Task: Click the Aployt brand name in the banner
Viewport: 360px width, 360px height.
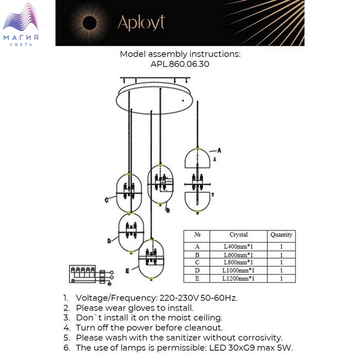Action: coord(141,23)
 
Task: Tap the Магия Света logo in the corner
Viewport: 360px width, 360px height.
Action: coord(21,25)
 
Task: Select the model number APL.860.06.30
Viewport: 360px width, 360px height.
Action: coord(180,64)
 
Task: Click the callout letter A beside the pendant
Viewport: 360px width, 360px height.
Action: coord(219,150)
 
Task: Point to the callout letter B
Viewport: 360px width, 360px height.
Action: coord(168,210)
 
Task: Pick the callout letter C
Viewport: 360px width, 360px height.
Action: coord(106,200)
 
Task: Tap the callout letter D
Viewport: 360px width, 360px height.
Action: coord(109,241)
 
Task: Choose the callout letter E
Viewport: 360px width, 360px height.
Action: coord(128,271)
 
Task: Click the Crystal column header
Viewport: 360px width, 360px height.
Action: coord(239,235)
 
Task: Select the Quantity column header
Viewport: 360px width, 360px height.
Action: coord(281,235)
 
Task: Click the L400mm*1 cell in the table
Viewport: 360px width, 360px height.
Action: coord(238,246)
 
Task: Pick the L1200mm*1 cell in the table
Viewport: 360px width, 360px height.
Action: coord(238,279)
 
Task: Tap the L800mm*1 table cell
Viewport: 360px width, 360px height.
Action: coord(238,262)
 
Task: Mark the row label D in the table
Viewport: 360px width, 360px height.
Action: coord(197,271)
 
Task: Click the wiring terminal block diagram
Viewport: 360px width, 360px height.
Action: coord(91,275)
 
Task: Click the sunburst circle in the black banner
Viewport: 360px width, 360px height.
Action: coord(89,23)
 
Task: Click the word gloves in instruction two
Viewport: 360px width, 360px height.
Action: coord(141,308)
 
